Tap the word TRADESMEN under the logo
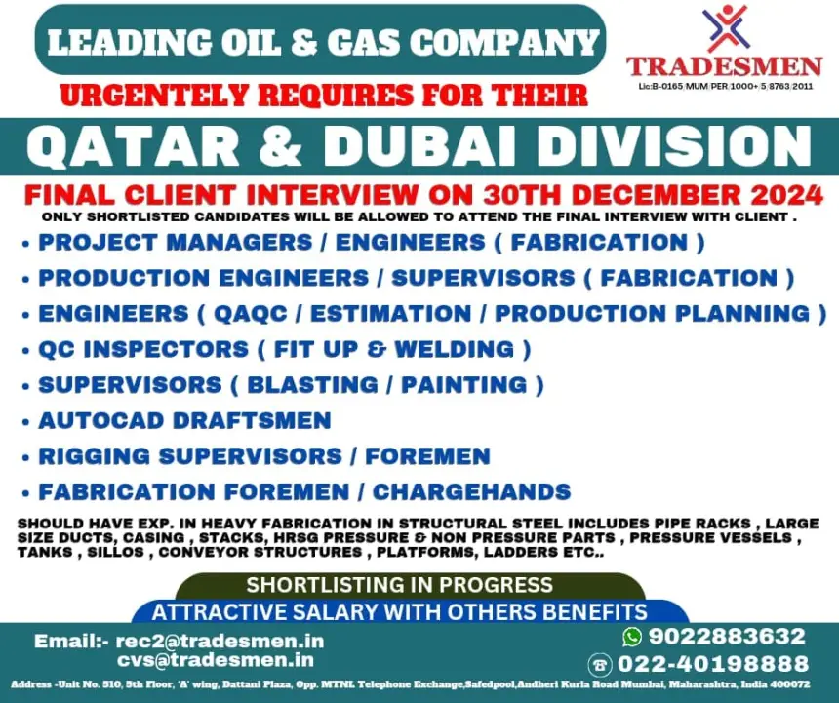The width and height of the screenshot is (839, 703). [x=725, y=67]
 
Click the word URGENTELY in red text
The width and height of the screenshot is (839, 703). [x=154, y=96]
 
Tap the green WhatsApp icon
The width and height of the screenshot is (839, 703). [x=632, y=636]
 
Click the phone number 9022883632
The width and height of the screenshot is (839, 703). [x=727, y=636]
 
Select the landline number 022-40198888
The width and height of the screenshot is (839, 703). [x=713, y=664]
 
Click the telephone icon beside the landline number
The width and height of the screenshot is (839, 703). [x=600, y=665]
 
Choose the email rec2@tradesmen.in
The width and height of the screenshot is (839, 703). [x=220, y=641]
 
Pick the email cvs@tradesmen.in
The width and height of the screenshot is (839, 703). [x=216, y=660]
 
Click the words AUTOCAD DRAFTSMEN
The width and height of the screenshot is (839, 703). [x=185, y=421]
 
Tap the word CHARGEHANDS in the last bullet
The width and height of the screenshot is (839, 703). [x=471, y=491]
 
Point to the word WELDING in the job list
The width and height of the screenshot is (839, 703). [x=455, y=350]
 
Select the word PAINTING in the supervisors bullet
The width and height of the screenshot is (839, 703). [x=464, y=385]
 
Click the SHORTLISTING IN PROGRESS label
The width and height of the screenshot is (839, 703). [x=399, y=585]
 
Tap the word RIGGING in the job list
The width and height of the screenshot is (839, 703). [x=95, y=456]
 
